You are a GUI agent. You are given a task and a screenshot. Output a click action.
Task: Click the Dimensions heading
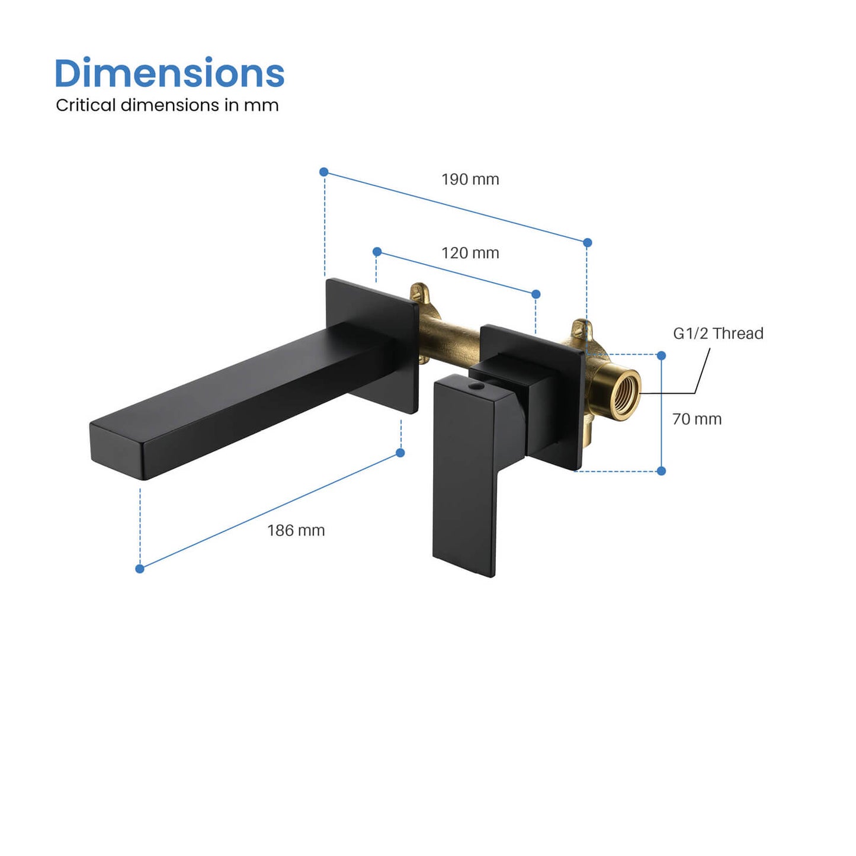[x=169, y=73]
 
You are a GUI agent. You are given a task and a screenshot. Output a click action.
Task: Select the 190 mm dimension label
[x=470, y=179]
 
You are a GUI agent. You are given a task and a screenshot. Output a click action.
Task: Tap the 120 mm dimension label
[x=470, y=253]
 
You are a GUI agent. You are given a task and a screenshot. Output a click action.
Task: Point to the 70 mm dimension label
[x=697, y=419]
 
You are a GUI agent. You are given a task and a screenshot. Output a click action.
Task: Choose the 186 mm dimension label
[x=296, y=531]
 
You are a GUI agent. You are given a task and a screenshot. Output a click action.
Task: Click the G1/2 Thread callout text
[x=718, y=334]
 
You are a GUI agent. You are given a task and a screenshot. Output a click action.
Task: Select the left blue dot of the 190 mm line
[x=323, y=172]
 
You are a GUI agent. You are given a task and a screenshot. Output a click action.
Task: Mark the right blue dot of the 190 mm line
[x=587, y=243]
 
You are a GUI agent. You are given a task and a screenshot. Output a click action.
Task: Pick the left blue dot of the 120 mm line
[x=377, y=252]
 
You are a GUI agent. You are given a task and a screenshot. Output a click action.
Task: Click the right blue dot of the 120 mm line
[x=536, y=294]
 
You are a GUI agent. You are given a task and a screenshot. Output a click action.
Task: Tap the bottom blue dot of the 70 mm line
[x=661, y=471]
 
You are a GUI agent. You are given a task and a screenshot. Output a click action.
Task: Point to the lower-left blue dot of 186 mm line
[x=140, y=569]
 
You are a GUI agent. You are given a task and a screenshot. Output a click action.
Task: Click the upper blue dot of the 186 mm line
[x=400, y=453]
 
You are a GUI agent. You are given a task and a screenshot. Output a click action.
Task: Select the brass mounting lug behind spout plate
[x=420, y=294]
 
